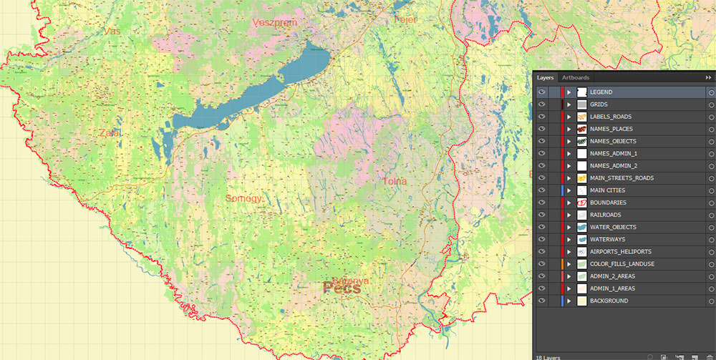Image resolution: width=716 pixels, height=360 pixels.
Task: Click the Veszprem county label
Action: coord(275,23)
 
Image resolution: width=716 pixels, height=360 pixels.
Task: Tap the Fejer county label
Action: coord(405,19)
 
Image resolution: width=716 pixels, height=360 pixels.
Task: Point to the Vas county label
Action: coord(112,31)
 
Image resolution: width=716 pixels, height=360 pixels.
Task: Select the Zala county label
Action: coord(110,133)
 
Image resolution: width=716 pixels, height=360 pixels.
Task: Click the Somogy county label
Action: coord(243,198)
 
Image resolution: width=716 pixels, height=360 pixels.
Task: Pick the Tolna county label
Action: coord(395,182)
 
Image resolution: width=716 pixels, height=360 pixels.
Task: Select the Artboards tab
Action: coord(576,77)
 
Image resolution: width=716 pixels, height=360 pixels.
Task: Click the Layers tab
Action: coord(546,77)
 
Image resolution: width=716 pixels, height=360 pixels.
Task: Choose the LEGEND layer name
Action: coord(601,92)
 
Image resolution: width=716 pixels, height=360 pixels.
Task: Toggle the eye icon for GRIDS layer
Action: coord(542,104)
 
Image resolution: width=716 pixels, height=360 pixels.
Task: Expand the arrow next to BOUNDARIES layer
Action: coord(569,203)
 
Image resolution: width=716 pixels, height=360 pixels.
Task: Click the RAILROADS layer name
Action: coord(606,215)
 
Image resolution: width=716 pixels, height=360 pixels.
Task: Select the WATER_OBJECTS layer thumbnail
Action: coord(582,227)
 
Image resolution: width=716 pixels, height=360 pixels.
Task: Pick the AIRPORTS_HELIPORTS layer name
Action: coord(620,252)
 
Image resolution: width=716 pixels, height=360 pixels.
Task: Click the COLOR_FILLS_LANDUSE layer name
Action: coord(621,264)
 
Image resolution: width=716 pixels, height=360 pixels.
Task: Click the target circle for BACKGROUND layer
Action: coord(711,301)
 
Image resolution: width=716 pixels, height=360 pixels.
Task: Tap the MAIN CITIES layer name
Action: coord(607,190)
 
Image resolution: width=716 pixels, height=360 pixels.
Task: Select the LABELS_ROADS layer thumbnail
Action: coord(582,117)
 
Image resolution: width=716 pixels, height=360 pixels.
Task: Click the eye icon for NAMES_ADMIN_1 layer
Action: coord(542,153)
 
